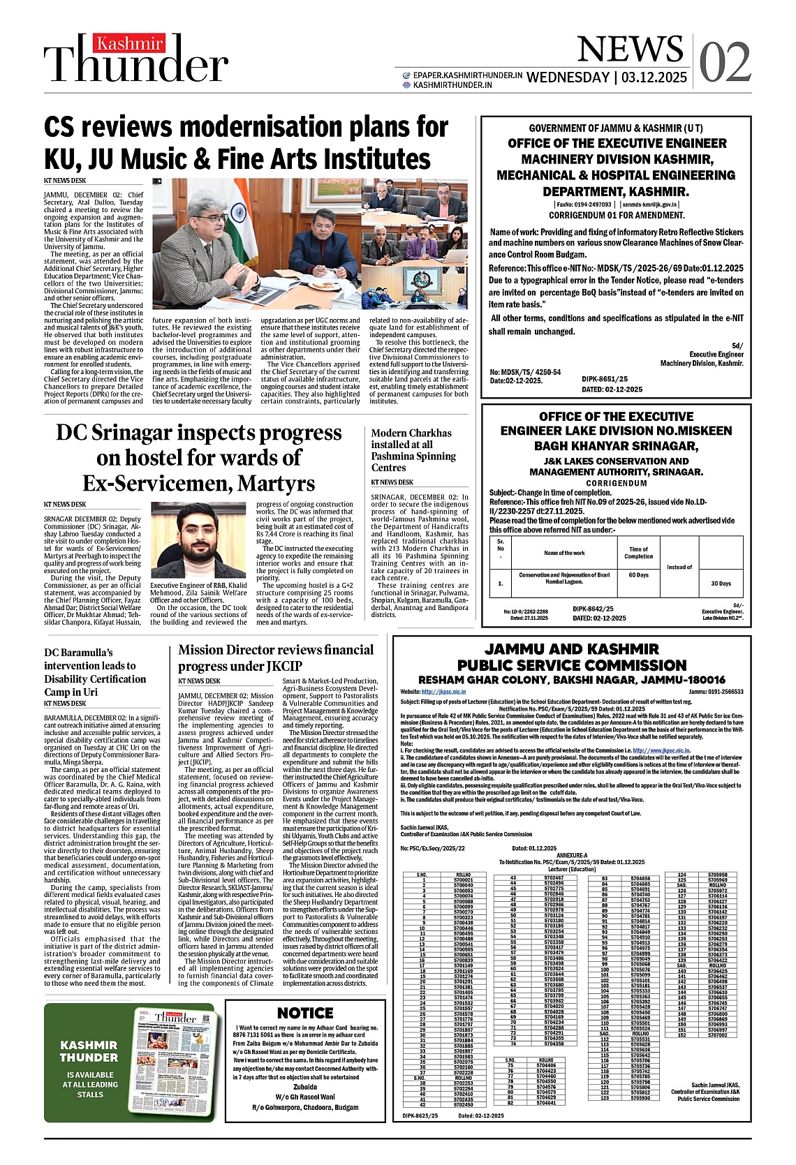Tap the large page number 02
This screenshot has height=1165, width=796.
pos(725,63)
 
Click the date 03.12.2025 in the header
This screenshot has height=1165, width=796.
pos(654,77)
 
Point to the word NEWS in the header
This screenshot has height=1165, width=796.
pos(630,50)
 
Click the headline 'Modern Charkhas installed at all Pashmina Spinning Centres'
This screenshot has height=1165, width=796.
pos(413,450)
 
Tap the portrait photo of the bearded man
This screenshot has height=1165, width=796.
pos(198,540)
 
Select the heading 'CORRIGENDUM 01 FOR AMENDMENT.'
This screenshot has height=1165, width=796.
pos(617,216)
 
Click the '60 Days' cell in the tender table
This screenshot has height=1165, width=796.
pos(638,575)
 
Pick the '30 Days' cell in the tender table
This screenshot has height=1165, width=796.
pos(721,584)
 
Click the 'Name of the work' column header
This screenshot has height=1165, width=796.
pos(564,553)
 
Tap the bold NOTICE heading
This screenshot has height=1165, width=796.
pos(305,1013)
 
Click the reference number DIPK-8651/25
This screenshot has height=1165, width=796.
pos(604,379)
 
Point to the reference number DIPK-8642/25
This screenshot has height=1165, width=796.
pos(593,609)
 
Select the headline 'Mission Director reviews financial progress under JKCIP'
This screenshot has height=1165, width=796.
pos(276,658)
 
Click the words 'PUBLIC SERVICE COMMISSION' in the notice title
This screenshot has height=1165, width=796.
pos(572,665)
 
